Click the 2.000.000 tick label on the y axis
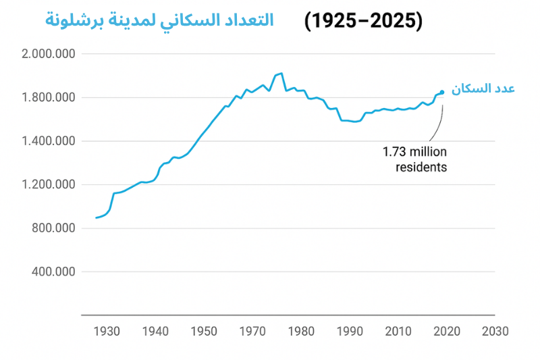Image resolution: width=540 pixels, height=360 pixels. tap(49, 54)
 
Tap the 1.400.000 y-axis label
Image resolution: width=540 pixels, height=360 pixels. tap(49, 141)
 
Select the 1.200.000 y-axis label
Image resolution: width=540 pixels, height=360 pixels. tap(49, 185)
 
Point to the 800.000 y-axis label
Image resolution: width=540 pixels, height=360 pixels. tap(53, 228)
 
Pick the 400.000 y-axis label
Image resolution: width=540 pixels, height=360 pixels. tap(53, 272)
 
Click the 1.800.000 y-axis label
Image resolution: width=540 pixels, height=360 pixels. tap(49, 98)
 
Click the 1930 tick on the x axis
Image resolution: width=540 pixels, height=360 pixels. tap(107, 332)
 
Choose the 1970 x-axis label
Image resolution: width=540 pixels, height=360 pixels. tap(252, 332)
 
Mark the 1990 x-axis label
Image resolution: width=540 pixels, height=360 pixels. tap(349, 332)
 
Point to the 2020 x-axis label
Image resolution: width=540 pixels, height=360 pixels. tap(446, 332)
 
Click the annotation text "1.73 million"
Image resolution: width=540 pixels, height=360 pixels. tap(415, 152)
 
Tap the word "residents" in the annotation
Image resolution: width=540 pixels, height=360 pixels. tap(421, 167)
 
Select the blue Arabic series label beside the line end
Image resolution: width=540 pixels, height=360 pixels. tap(483, 89)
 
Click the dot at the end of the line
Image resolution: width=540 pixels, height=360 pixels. tap(442, 93)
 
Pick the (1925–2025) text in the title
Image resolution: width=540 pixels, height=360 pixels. tap(363, 20)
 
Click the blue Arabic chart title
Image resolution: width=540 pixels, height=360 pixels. tap(159, 20)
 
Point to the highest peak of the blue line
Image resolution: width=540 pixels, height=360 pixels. tap(281, 73)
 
